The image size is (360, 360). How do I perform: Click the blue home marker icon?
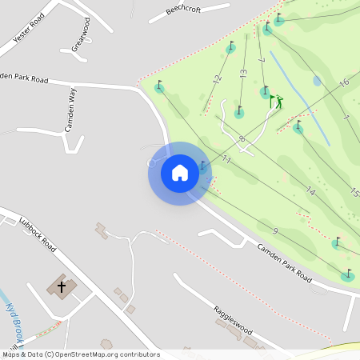(179, 173)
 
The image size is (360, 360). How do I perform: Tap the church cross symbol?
(62, 286)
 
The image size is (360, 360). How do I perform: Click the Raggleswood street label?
(233, 319)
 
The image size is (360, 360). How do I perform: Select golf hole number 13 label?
(243, 73)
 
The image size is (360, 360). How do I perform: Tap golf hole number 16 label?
(344, 82)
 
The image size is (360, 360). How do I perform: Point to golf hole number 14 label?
(310, 191)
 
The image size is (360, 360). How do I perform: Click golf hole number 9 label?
(275, 231)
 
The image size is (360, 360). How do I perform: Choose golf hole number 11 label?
(226, 160)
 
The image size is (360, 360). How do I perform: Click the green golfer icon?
(276, 102)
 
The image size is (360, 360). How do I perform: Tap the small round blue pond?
(317, 81)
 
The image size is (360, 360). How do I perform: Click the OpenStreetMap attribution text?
(81, 354)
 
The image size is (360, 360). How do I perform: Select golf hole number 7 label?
(262, 60)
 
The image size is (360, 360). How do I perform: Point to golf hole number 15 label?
(354, 192)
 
